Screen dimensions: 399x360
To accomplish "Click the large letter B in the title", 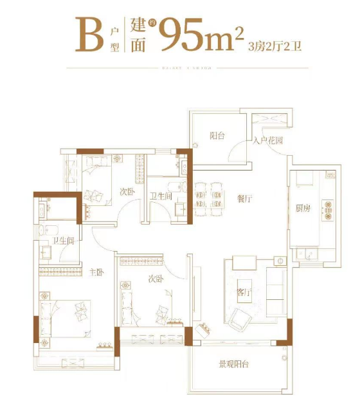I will point(88,35).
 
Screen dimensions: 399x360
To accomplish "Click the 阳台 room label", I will point(217,135).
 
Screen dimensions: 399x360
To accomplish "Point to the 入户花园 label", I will point(268,140).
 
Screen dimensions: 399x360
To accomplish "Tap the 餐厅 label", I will point(244,200).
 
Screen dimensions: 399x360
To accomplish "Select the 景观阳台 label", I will point(235,364).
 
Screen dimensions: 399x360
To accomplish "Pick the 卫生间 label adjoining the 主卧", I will point(64,241).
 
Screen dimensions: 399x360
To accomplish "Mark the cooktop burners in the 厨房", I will point(332,207).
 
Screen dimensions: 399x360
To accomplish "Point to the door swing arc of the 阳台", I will point(238,153).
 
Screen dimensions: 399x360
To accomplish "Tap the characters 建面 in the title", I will point(138,35).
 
